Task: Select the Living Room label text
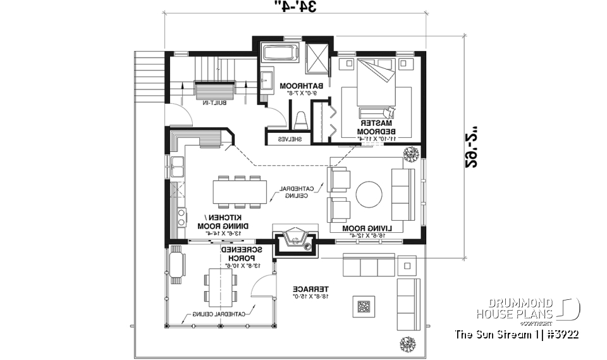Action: [x=367, y=228]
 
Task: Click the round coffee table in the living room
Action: [x=369, y=194]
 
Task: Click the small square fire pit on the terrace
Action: [x=364, y=307]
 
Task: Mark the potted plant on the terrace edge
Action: [x=407, y=344]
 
